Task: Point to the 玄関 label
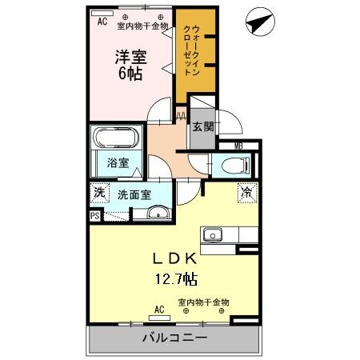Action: tap(203, 126)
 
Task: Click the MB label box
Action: tap(238, 146)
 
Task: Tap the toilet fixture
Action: tap(233, 166)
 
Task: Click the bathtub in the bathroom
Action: tap(117, 138)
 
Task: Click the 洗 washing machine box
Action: tap(98, 193)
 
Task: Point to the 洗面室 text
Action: tap(134, 194)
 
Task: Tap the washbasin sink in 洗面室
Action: tap(157, 212)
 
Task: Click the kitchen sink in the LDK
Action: tap(213, 235)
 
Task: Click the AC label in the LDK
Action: tap(158, 308)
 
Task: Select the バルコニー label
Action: tap(174, 338)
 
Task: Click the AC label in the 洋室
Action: tap(102, 22)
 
